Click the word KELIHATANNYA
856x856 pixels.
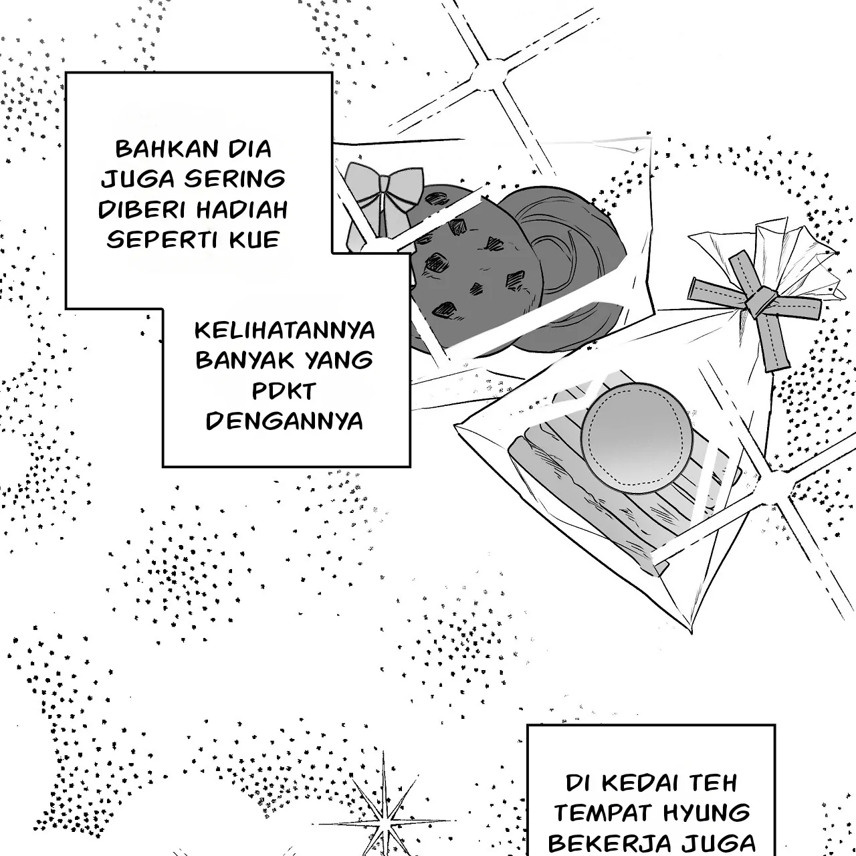coord(285,330)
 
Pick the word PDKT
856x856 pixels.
coord(284,391)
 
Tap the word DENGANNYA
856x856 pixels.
coord(284,421)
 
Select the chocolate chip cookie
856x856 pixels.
coord(475,276)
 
